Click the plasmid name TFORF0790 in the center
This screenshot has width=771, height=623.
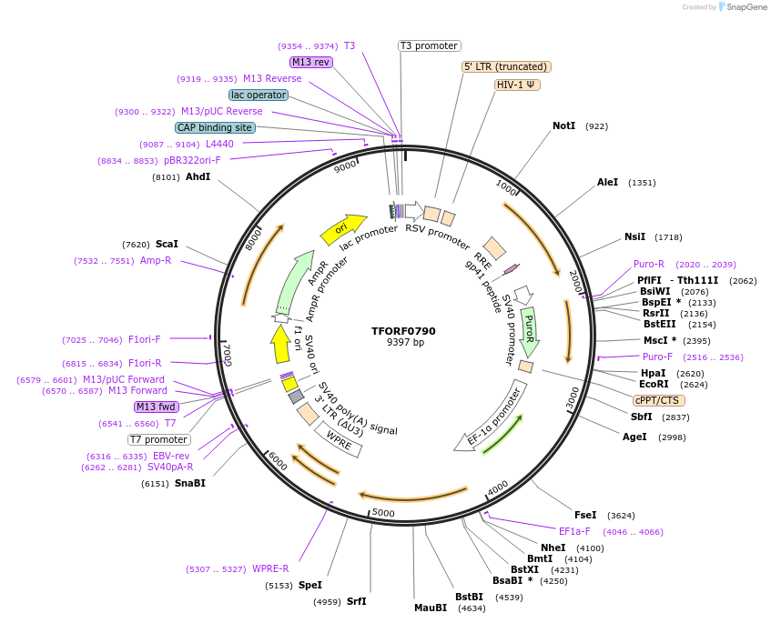(x=403, y=330)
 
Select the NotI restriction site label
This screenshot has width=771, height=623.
(x=564, y=126)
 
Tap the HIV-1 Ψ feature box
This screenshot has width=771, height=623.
(x=518, y=85)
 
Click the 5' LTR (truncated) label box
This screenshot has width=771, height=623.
(x=506, y=66)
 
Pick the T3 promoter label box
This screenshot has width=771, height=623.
(x=430, y=45)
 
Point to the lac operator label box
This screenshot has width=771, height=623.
(x=259, y=95)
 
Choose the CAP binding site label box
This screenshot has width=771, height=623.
(x=215, y=128)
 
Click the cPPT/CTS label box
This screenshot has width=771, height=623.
(x=659, y=400)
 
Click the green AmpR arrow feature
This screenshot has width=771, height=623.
(x=299, y=283)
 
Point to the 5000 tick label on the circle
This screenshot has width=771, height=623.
(x=383, y=513)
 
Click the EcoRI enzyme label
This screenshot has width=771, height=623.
(x=654, y=385)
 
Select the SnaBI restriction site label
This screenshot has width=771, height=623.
(x=190, y=483)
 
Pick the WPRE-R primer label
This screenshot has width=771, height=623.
(x=270, y=569)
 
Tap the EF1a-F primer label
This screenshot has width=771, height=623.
(x=574, y=531)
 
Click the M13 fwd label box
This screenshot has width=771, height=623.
(x=157, y=407)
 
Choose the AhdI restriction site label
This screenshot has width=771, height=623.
(x=198, y=176)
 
